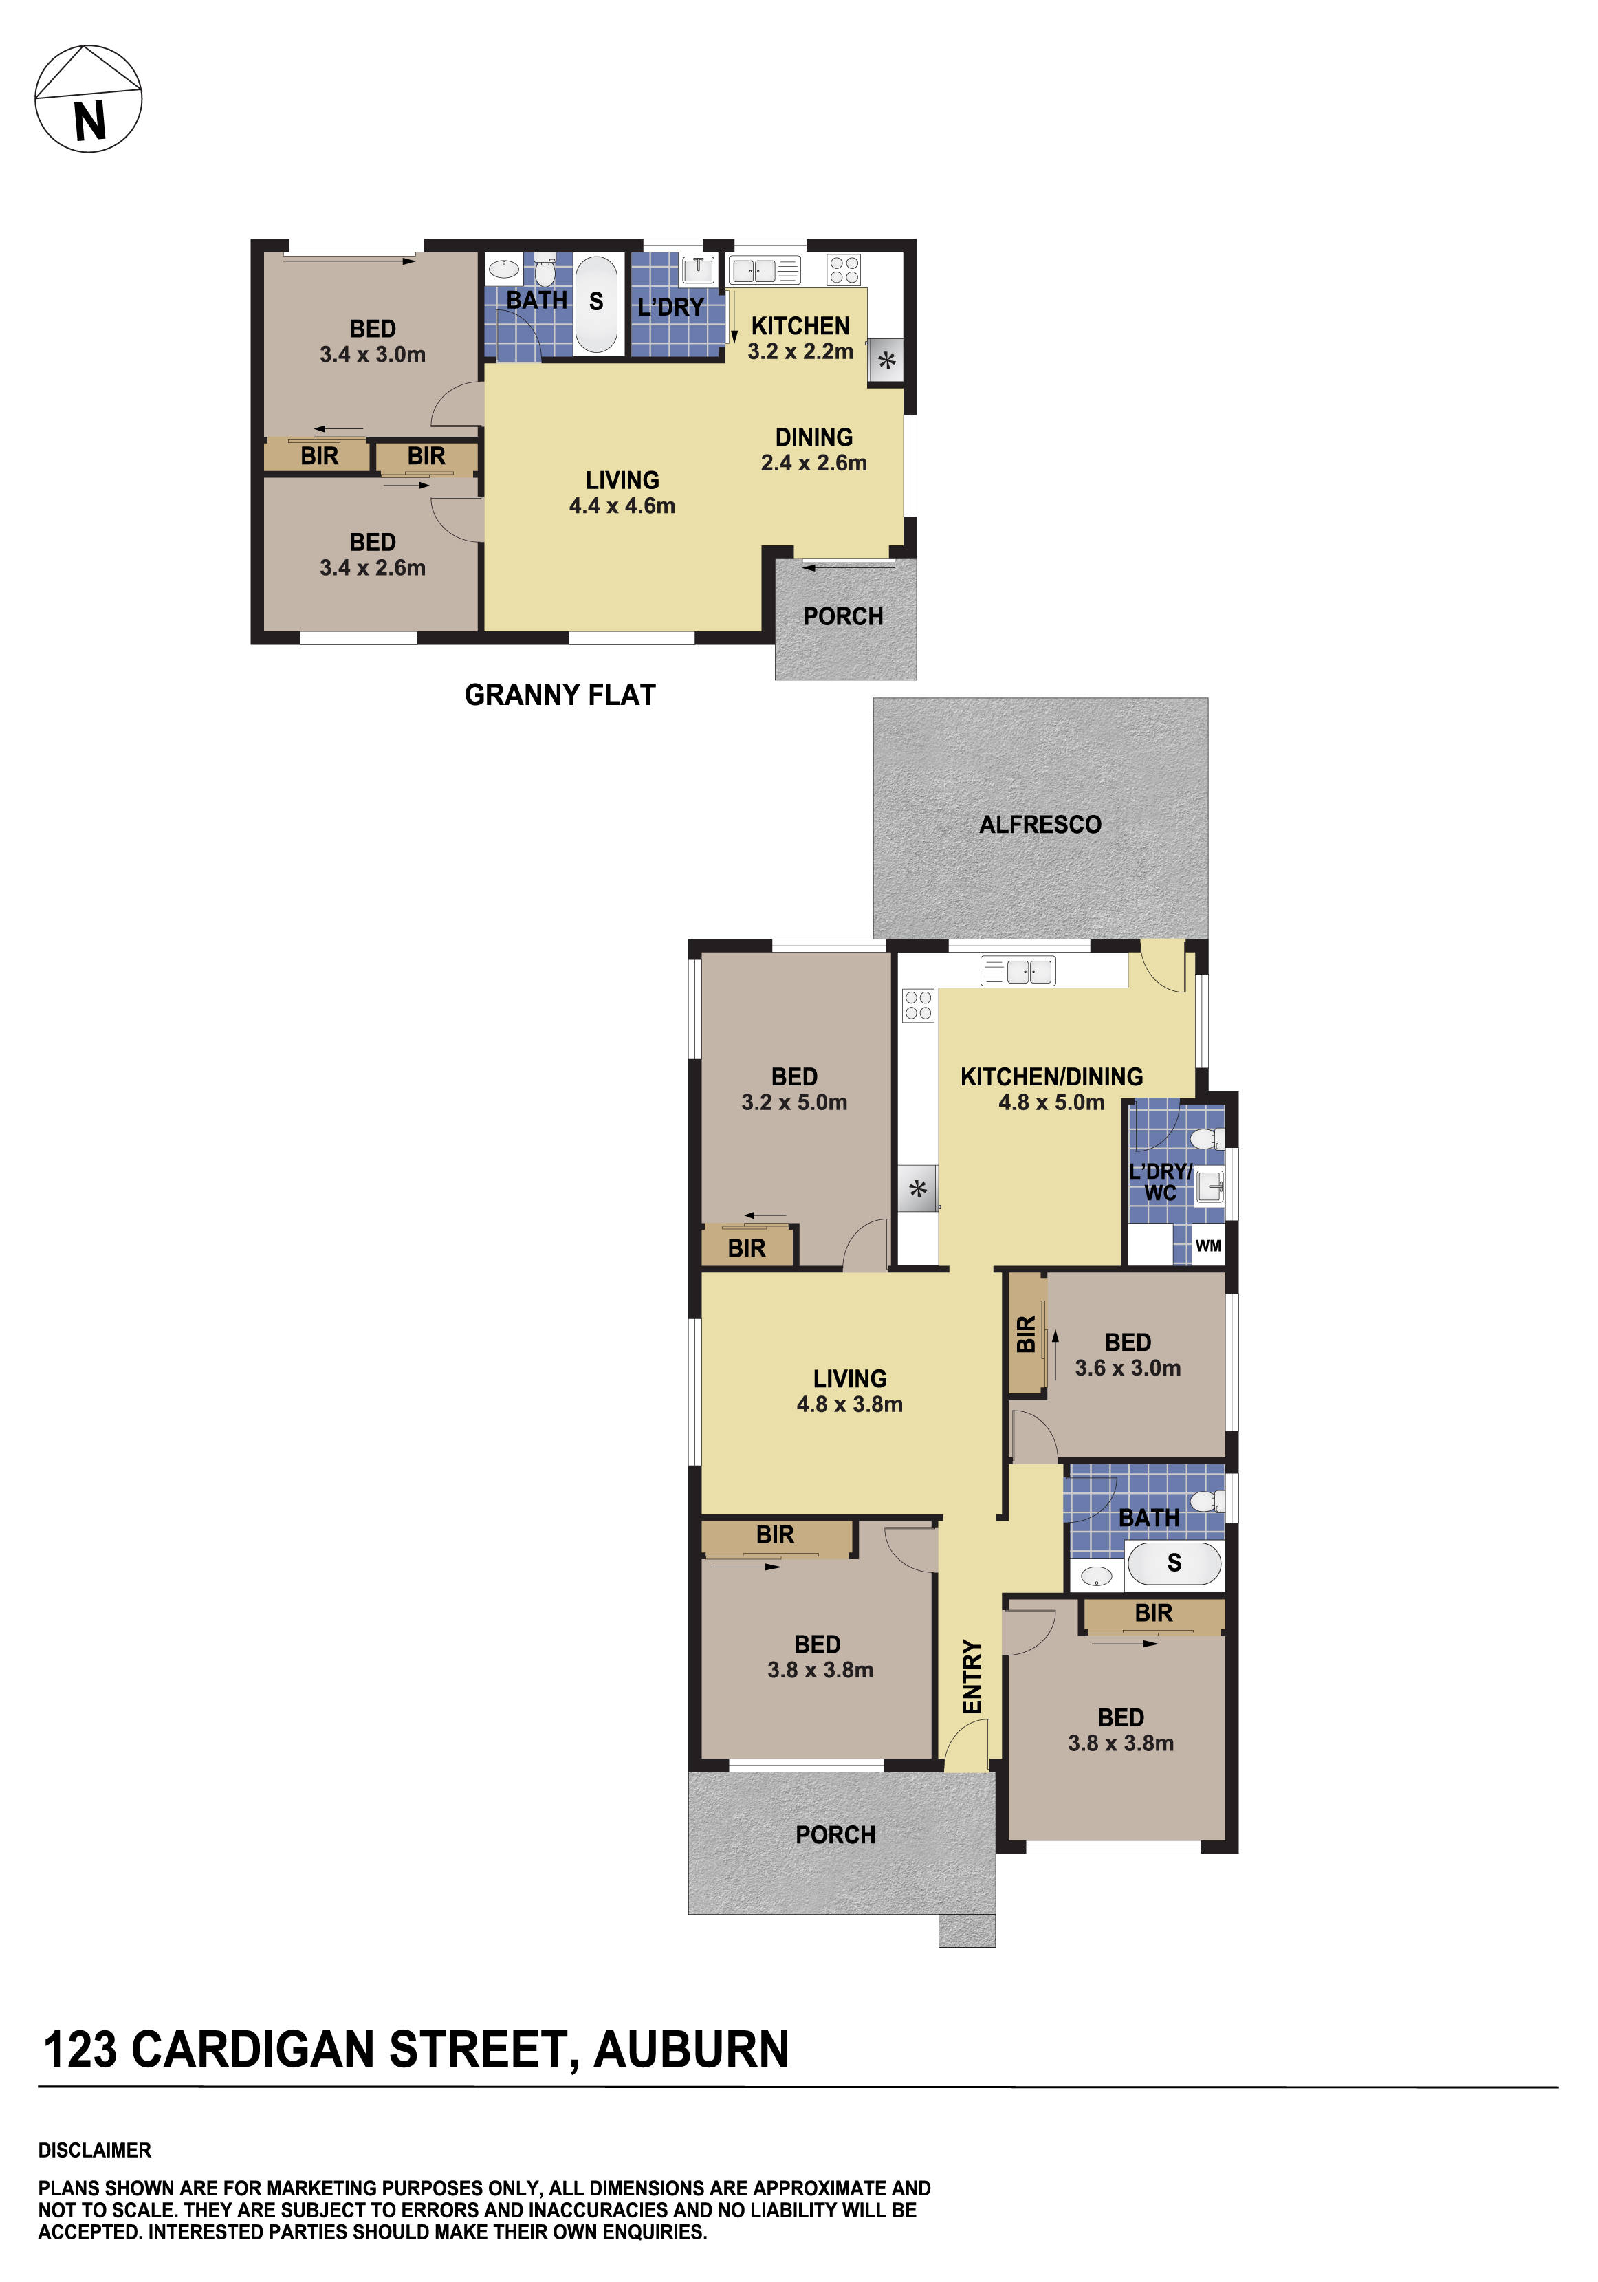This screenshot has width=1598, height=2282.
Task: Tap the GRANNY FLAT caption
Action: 560,695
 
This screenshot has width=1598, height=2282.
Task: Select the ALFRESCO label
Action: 1040,824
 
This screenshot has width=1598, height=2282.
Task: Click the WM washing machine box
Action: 1207,1246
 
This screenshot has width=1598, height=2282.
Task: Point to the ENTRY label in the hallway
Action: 972,1677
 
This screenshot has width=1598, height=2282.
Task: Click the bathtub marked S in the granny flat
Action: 596,303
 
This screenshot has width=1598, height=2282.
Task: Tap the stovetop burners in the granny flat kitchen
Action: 844,270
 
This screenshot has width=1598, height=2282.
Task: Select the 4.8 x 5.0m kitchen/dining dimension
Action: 1051,1102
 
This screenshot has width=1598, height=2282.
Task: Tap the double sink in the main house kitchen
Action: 1018,970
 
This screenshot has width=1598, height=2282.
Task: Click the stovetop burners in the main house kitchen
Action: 917,1005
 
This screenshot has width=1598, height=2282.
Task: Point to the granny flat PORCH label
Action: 843,616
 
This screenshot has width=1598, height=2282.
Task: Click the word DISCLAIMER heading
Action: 94,2150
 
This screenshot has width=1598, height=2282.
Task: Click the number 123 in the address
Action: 80,2050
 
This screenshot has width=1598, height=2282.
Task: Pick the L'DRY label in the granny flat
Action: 671,307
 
